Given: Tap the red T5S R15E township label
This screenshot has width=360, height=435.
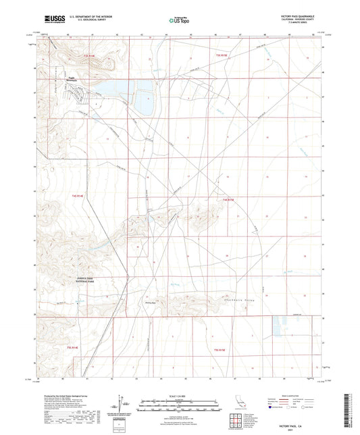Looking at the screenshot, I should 221,349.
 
